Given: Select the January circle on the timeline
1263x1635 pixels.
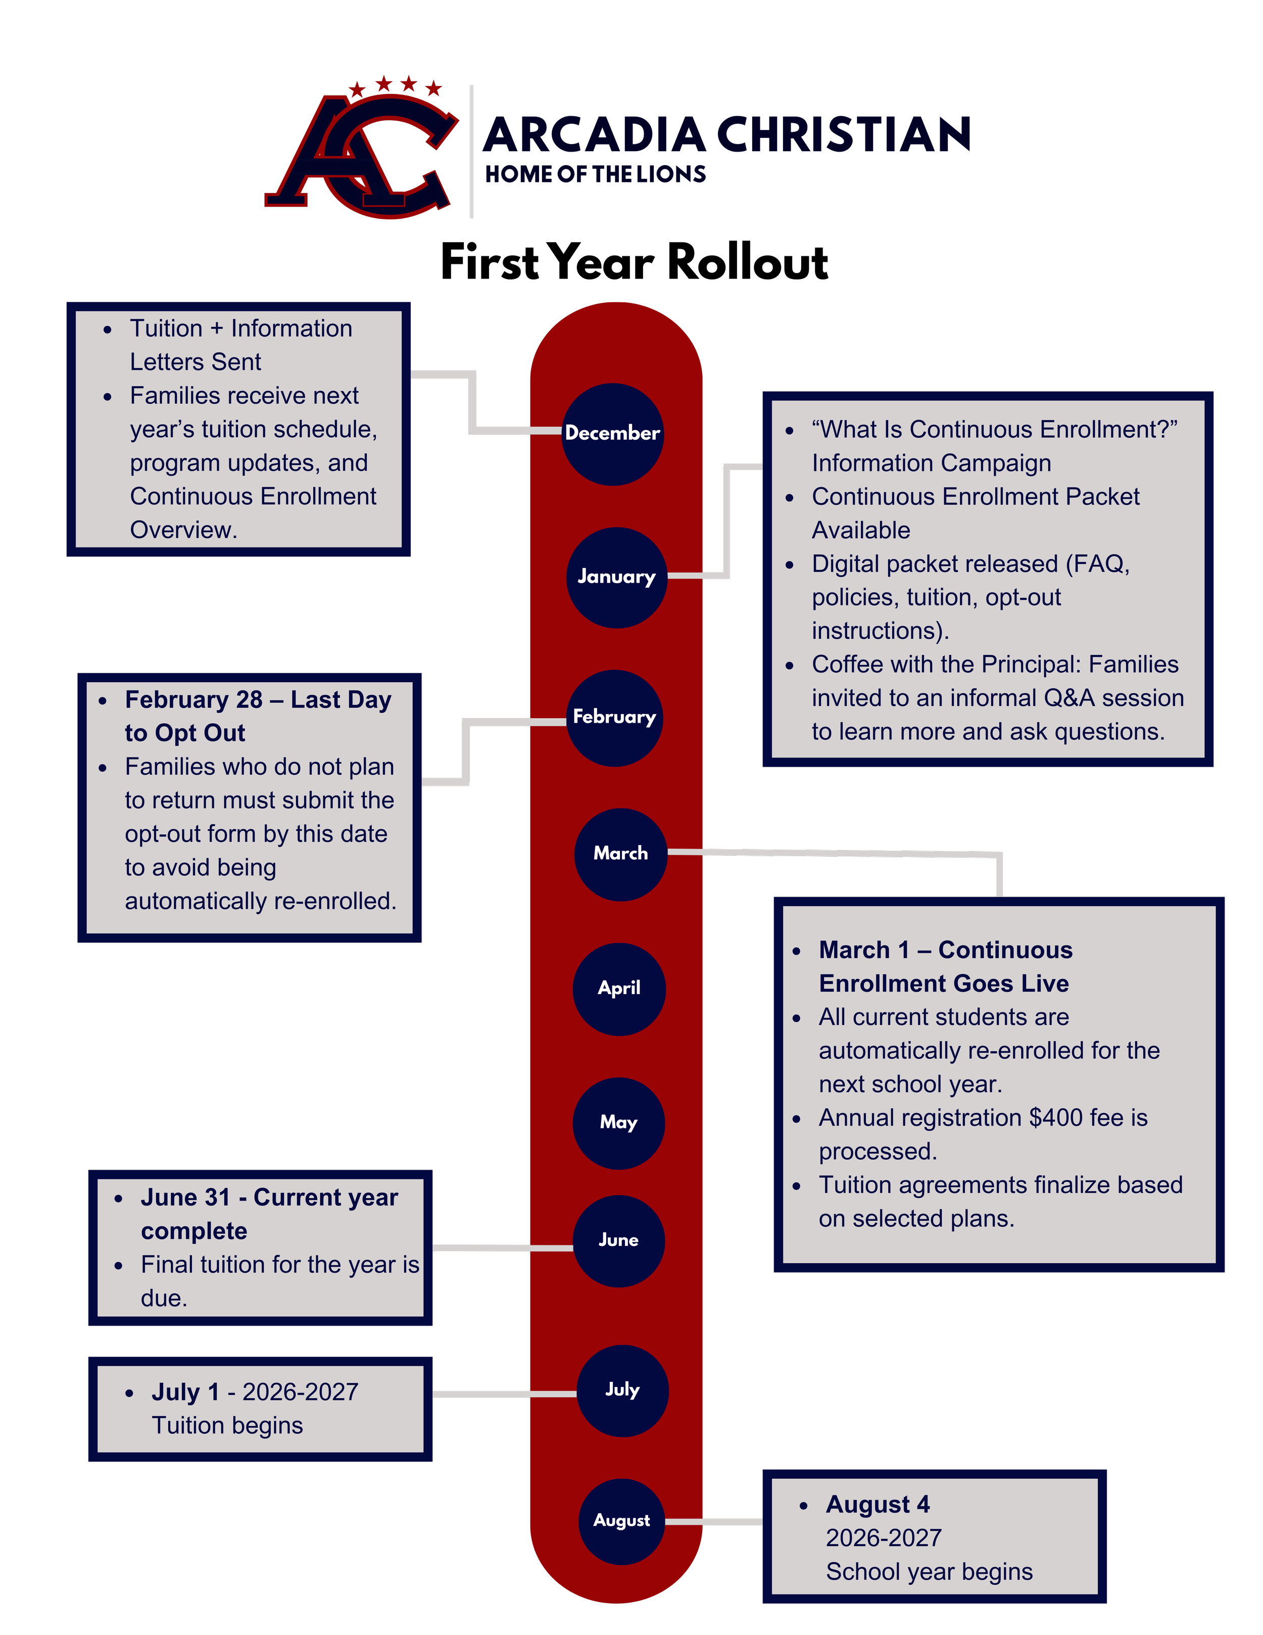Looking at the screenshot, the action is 616,577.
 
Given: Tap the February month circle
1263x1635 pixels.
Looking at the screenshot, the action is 614,718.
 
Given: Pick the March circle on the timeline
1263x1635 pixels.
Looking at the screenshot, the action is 620,854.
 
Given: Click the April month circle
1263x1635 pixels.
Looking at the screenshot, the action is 619,989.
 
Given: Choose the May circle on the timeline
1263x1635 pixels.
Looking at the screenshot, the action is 618,1123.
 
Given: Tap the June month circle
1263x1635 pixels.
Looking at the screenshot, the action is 618,1240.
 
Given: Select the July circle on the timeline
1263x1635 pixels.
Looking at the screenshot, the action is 622,1390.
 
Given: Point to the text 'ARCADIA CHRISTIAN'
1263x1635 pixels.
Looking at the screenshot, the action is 726,135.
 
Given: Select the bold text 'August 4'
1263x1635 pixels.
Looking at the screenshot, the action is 878,1504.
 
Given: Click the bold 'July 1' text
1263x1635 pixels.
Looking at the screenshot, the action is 185,1392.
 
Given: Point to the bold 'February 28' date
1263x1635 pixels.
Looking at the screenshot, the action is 193,699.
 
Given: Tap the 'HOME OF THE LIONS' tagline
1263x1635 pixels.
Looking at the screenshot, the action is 595,174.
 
